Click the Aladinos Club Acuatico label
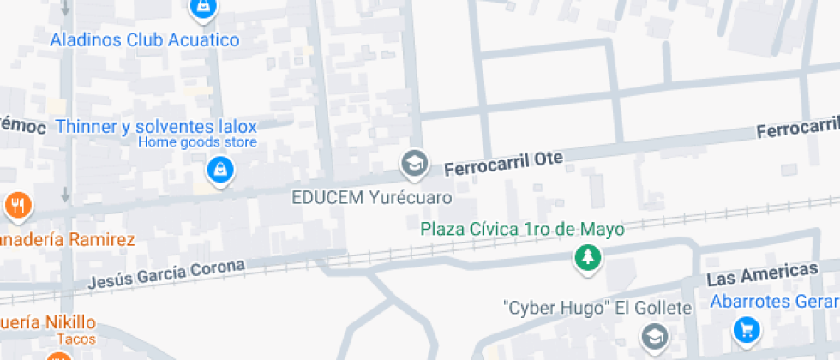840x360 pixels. tap(145, 39)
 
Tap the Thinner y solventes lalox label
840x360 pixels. tap(156, 127)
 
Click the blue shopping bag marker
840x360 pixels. tap(221, 169)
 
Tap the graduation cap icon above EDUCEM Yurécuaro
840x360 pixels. tap(415, 162)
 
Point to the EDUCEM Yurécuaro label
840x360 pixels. tap(371, 197)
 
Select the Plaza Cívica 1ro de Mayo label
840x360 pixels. tap(521, 229)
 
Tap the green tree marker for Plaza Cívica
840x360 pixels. tap(587, 256)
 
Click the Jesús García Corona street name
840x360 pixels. tap(167, 274)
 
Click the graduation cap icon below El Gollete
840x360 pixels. tap(654, 334)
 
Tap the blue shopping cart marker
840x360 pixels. tap(747, 329)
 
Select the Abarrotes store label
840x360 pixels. tap(774, 302)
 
